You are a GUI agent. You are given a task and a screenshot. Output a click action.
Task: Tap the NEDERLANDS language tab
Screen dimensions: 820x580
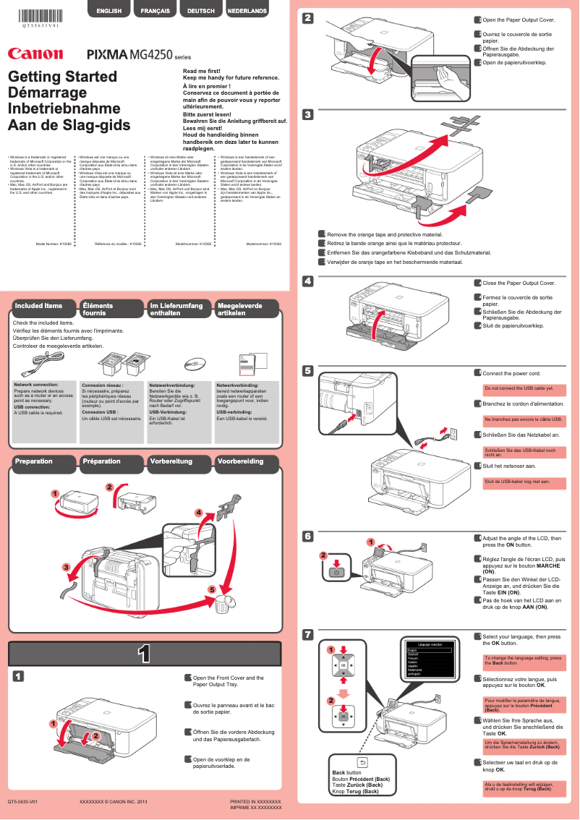[x=247, y=12]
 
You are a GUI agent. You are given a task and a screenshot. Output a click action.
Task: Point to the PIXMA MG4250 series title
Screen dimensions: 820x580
[x=138, y=54]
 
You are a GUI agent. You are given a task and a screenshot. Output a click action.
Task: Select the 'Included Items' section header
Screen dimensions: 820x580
[x=39, y=306]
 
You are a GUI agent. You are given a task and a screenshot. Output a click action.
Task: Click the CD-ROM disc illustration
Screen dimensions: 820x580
[x=196, y=362]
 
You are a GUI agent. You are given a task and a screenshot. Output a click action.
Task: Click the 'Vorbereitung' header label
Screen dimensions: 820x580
[x=172, y=461]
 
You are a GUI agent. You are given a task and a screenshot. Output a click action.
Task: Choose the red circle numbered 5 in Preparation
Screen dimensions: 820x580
[x=213, y=589]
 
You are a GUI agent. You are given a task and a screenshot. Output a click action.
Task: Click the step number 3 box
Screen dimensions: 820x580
[x=308, y=114]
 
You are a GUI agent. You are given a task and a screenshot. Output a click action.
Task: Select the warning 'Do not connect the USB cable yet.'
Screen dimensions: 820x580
[x=519, y=388]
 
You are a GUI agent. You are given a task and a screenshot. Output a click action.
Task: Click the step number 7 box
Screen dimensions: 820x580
[x=308, y=635]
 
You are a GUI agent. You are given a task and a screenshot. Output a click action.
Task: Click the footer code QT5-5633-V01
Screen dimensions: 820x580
[x=22, y=802]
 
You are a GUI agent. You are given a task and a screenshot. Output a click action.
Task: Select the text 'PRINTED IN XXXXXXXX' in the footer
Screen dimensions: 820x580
[x=255, y=802]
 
